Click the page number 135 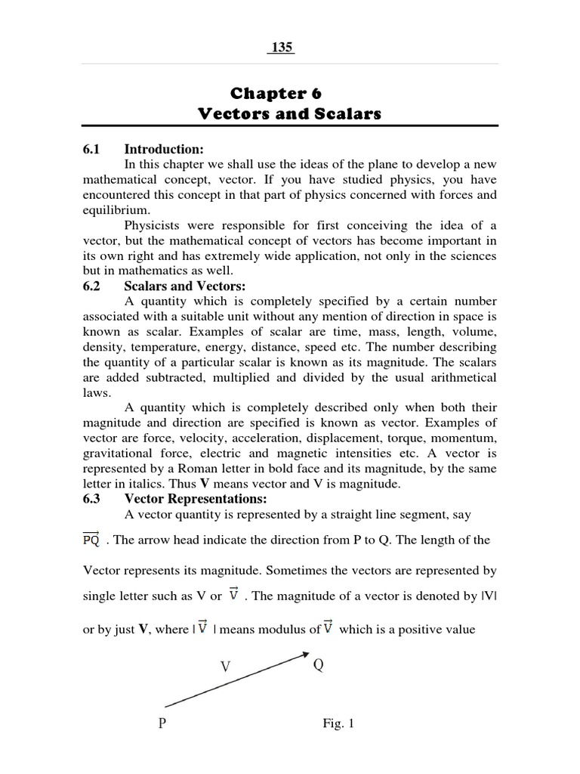tap(282, 48)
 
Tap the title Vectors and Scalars tap(290, 114)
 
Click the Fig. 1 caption tap(338, 723)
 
